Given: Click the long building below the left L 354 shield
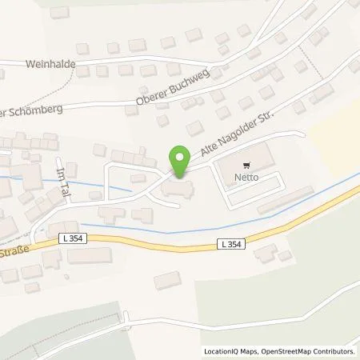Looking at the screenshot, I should [89, 256].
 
